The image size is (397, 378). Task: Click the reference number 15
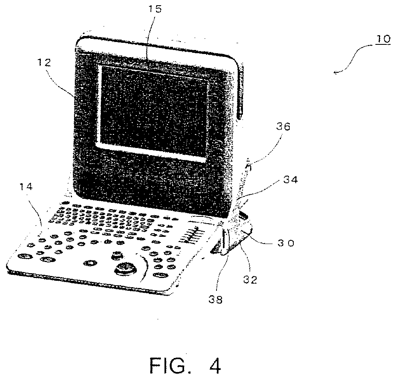coord(156,9)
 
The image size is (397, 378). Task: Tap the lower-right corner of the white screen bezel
coord(207,161)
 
